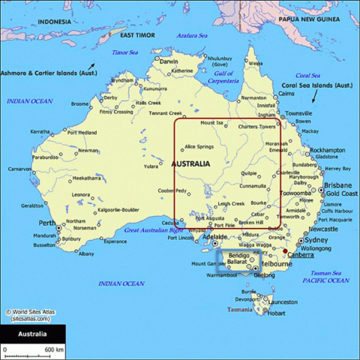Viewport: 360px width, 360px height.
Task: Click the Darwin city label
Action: coord(169,61)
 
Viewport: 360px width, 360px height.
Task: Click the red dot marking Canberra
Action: coord(284,251)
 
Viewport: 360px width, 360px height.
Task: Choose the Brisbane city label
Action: coord(337,184)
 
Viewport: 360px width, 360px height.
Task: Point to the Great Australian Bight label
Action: coord(153,229)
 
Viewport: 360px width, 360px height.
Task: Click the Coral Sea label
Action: coord(307,75)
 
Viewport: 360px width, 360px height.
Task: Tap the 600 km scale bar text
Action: coord(53,350)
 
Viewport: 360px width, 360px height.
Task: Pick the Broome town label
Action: coord(80,103)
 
